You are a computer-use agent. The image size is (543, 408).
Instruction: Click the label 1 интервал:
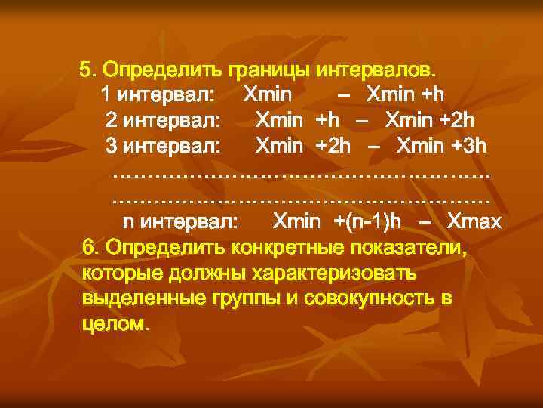(x=158, y=95)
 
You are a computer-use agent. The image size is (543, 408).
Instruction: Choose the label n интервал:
(x=180, y=221)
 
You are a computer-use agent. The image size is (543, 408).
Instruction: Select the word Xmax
(x=474, y=221)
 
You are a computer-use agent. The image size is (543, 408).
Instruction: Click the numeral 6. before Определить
(x=90, y=247)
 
